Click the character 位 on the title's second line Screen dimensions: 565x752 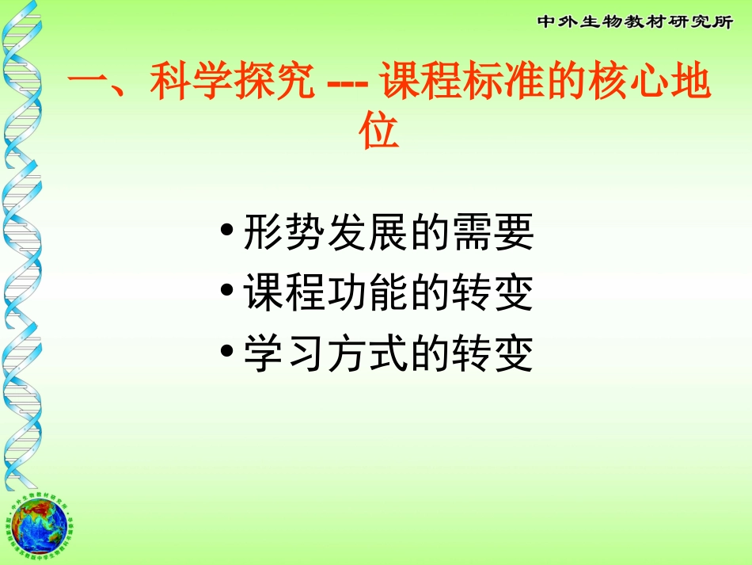coord(378,132)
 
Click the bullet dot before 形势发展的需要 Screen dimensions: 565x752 coord(227,232)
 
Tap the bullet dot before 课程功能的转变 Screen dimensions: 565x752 coord(227,292)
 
